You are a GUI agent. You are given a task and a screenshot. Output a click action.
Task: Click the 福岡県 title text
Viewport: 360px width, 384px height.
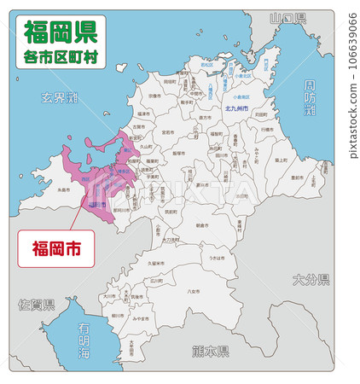[60, 32]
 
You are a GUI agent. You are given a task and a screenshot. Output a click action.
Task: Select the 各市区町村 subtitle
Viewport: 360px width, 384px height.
[60, 57]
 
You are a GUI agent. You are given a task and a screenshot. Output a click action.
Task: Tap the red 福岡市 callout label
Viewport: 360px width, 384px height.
[57, 249]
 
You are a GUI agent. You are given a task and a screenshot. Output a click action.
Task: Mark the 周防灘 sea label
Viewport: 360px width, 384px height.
[310, 99]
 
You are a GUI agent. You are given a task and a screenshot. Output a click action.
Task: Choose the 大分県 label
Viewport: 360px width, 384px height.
[311, 279]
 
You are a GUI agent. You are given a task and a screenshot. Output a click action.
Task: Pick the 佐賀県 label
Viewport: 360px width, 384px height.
[38, 304]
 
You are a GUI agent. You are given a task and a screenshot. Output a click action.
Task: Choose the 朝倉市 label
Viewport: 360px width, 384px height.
[200, 225]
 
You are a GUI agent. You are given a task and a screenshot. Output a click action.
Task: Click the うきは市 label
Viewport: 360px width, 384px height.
[217, 257]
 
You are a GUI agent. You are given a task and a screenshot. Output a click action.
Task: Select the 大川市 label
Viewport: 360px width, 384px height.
[108, 296]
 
